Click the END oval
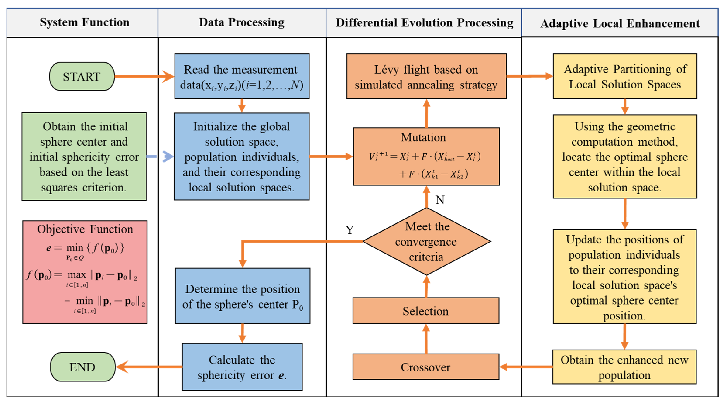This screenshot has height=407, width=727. [x=82, y=367]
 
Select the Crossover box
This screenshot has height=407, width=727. [x=426, y=367]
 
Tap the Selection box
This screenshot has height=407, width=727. [x=426, y=311]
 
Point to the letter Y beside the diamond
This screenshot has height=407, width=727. [x=350, y=230]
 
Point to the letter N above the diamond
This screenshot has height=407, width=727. [x=440, y=200]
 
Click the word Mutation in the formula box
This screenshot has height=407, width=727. [x=423, y=138]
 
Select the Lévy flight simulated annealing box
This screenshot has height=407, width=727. [x=426, y=77]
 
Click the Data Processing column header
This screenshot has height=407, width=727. [x=242, y=22]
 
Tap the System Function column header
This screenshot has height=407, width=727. [x=84, y=22]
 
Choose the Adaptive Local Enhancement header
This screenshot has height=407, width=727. [x=620, y=23]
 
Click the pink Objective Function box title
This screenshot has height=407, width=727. [x=85, y=229]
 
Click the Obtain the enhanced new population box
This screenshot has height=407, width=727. [x=624, y=367]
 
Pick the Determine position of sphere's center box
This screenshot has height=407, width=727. [x=242, y=296]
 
